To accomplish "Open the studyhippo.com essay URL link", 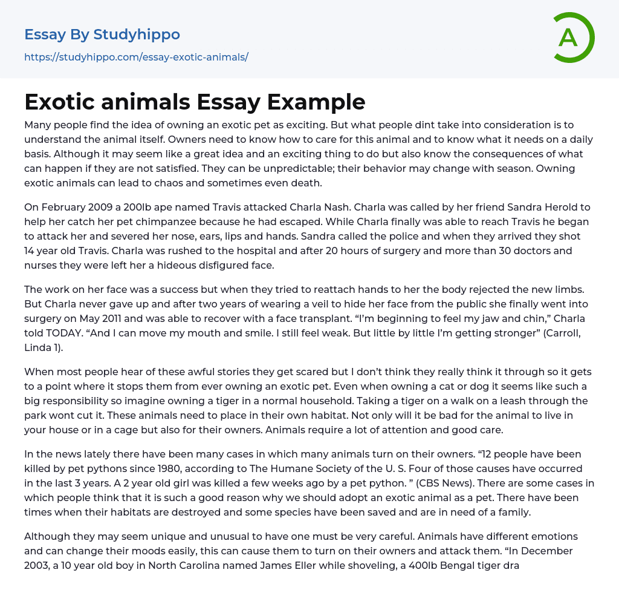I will coord(136,57).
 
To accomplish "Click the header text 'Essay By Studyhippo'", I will coord(102,34).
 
